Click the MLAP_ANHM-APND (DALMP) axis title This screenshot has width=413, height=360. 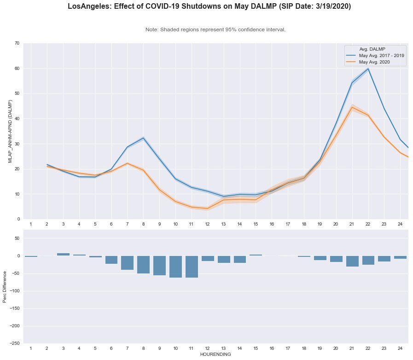[x=10, y=131]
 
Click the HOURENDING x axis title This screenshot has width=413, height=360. [x=215, y=355]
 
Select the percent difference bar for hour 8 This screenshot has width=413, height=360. [x=143, y=265]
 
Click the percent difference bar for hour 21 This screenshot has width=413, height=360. [x=352, y=261]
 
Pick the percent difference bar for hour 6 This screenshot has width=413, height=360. [x=111, y=260]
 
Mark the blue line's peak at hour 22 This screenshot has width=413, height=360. [x=368, y=69]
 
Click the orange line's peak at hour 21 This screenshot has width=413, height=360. [x=352, y=107]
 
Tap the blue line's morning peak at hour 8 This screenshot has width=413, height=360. [x=143, y=138]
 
